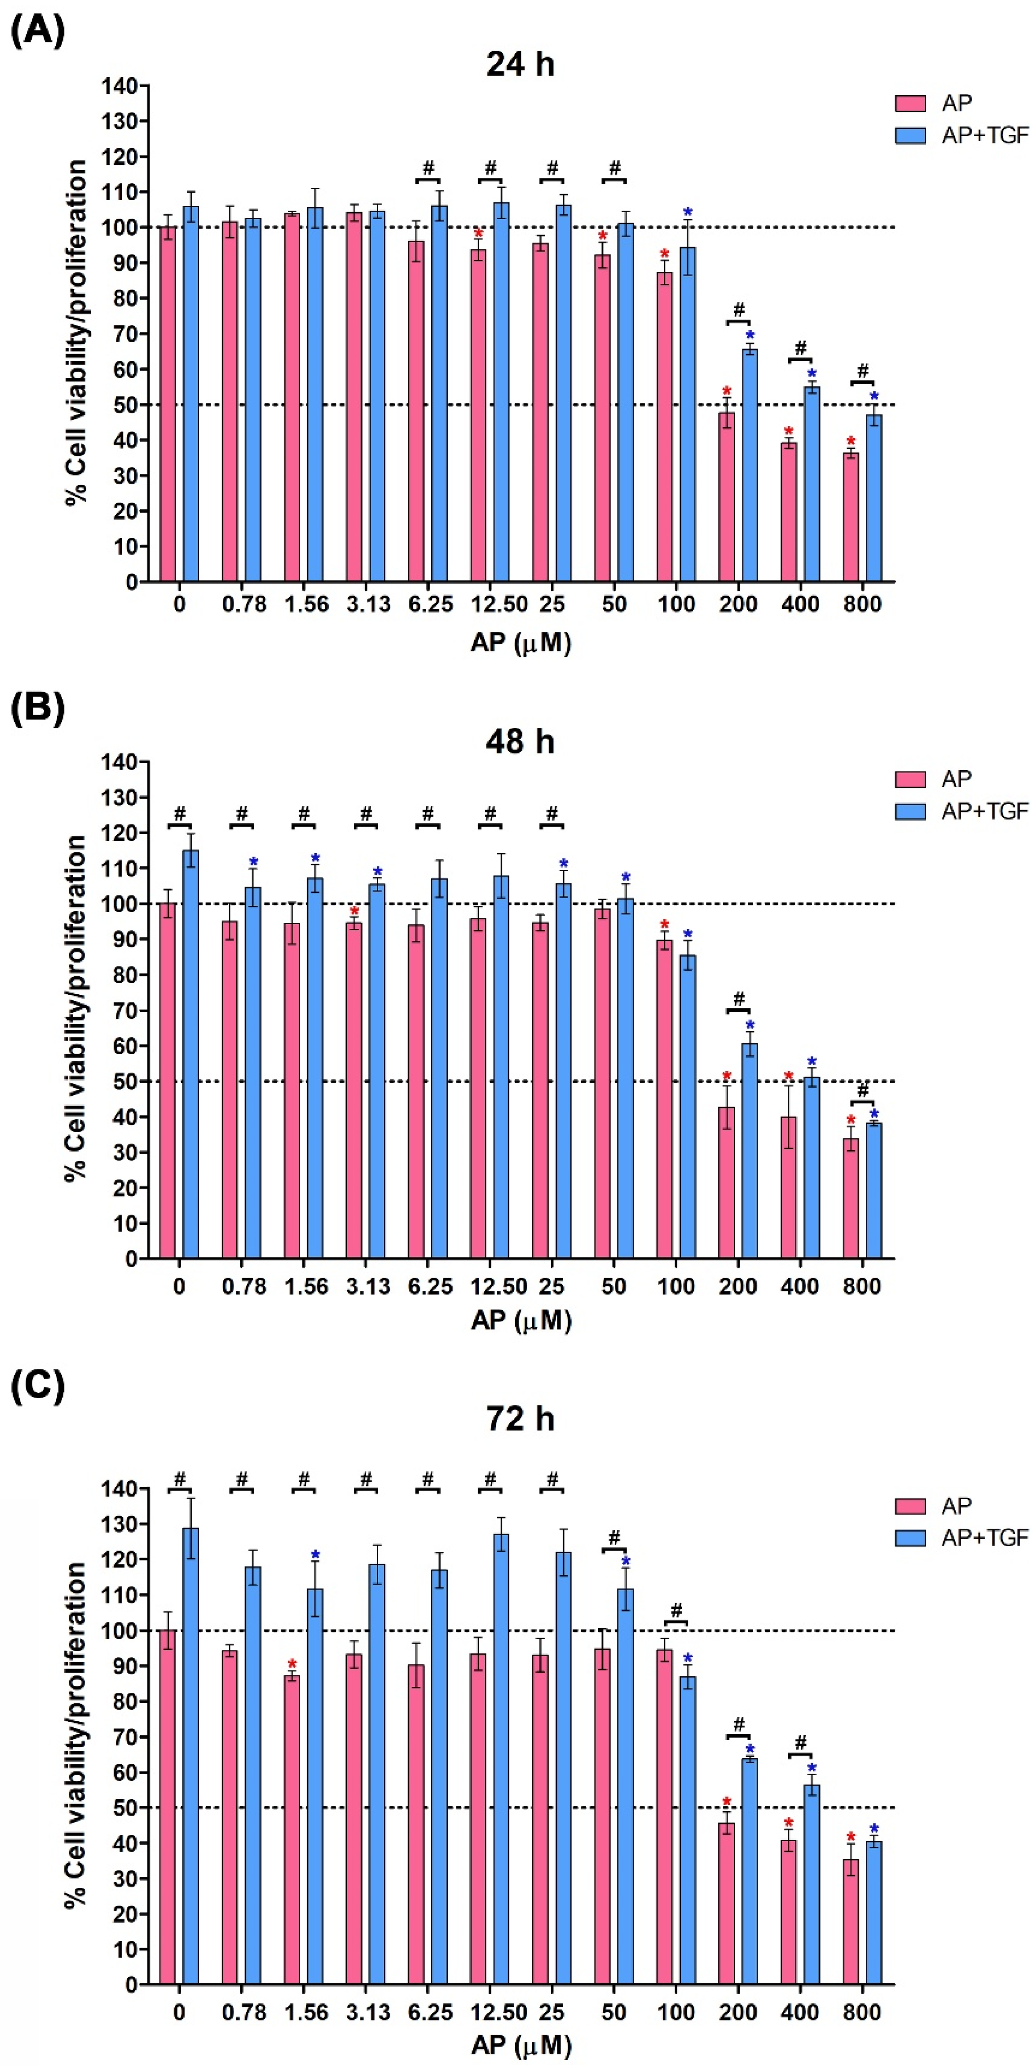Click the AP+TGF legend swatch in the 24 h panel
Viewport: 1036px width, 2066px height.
tap(910, 135)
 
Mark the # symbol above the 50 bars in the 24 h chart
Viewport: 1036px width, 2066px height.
tap(614, 168)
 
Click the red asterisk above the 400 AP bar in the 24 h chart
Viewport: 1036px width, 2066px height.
tap(788, 432)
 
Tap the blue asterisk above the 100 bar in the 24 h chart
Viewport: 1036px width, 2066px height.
tap(687, 213)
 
